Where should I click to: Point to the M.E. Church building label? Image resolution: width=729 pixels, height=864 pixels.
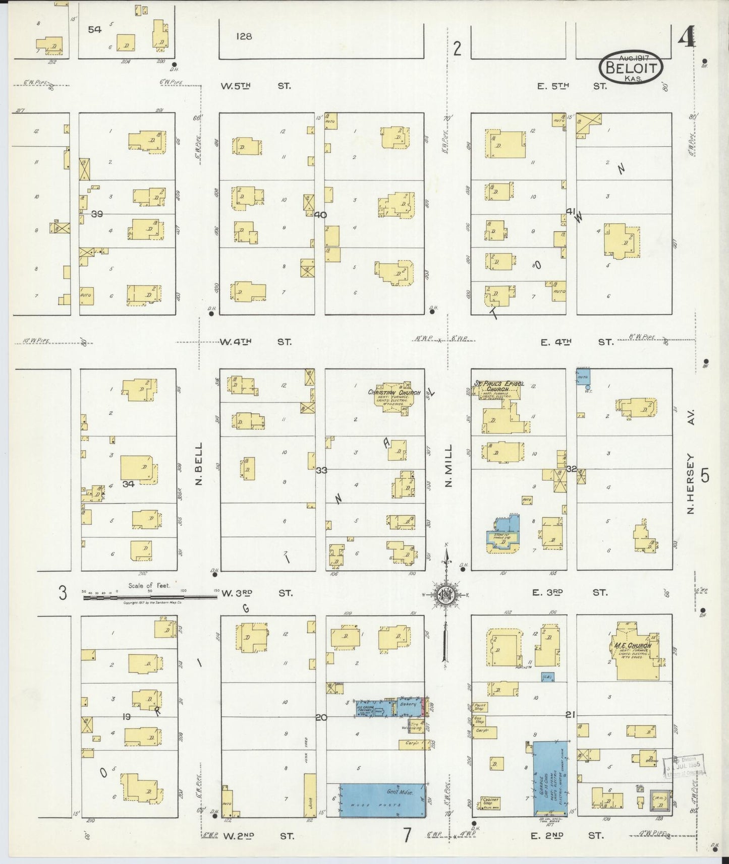(633, 646)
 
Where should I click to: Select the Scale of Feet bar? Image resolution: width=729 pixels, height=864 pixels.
(150, 597)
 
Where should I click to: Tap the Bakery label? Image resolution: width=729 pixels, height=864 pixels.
(408, 704)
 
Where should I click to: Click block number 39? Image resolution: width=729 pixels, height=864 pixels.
(97, 214)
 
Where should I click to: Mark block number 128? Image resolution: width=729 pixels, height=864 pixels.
(243, 36)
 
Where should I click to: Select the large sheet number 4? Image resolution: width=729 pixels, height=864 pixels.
(686, 37)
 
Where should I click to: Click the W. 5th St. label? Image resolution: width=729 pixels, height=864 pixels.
(256, 86)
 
